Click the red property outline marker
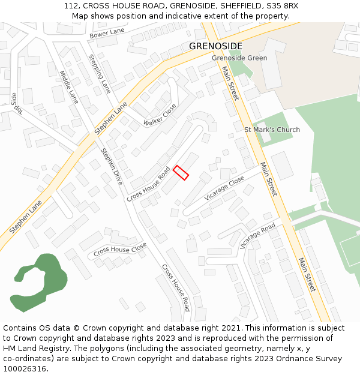(181, 173)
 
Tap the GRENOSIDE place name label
(215, 46)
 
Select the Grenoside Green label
(239, 58)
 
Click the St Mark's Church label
(272, 130)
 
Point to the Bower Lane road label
(107, 35)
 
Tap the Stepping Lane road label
(100, 74)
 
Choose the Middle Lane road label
(69, 87)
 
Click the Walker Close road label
(160, 115)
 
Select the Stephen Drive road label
(112, 166)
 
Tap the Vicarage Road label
(257, 235)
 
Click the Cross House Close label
(120, 248)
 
